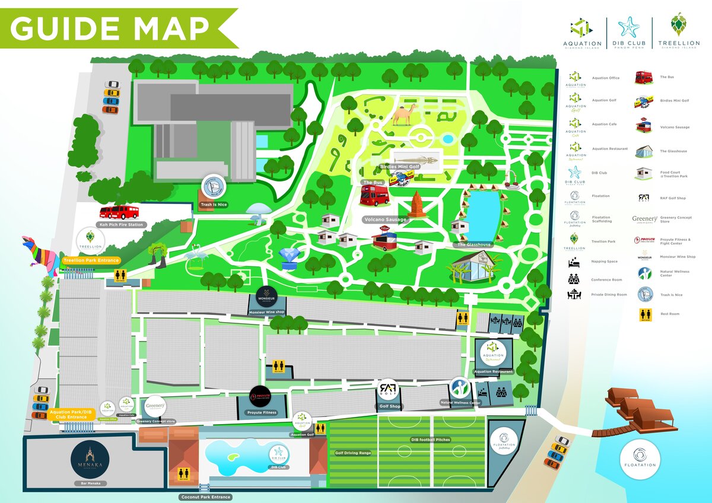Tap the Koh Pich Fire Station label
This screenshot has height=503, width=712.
[121, 225]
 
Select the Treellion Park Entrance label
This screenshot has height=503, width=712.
[91, 260]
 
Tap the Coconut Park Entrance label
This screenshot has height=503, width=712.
[205, 496]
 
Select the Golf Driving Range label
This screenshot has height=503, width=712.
[352, 453]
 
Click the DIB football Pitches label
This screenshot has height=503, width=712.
[430, 440]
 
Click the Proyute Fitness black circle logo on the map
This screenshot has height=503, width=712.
[261, 394]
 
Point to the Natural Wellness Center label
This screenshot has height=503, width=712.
[460, 403]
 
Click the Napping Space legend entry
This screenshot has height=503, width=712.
[603, 262]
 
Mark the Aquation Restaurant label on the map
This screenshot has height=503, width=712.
[493, 372]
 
